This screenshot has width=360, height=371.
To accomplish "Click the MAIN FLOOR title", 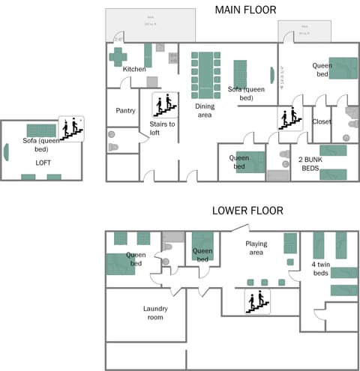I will (x=245, y=10).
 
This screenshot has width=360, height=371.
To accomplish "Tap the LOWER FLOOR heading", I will (x=247, y=211).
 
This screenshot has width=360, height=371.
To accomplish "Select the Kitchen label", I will (x=134, y=69).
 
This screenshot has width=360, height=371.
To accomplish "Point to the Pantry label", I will (x=125, y=110).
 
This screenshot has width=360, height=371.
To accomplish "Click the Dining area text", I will (x=205, y=110).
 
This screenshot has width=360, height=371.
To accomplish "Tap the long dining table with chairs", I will (x=204, y=75).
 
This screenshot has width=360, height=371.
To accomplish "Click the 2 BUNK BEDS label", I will (x=315, y=165).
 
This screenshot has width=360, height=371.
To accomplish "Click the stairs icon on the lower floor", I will (x=257, y=301).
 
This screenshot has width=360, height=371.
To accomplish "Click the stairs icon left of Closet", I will (x=289, y=117).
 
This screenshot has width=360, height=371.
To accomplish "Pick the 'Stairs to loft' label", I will (x=162, y=128).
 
